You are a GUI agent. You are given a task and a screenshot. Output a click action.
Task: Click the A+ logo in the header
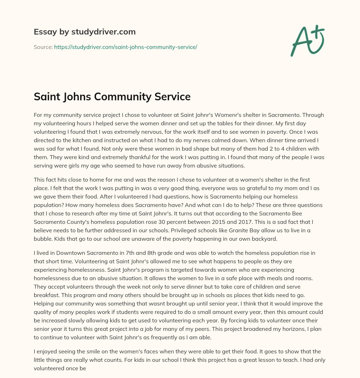point(307,40)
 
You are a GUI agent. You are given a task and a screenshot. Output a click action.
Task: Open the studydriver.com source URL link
point(126,47)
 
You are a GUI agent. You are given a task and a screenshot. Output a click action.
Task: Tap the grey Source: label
point(43,47)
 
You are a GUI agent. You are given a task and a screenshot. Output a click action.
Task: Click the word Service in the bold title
point(172,97)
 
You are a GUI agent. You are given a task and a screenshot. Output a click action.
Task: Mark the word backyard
point(265,239)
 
